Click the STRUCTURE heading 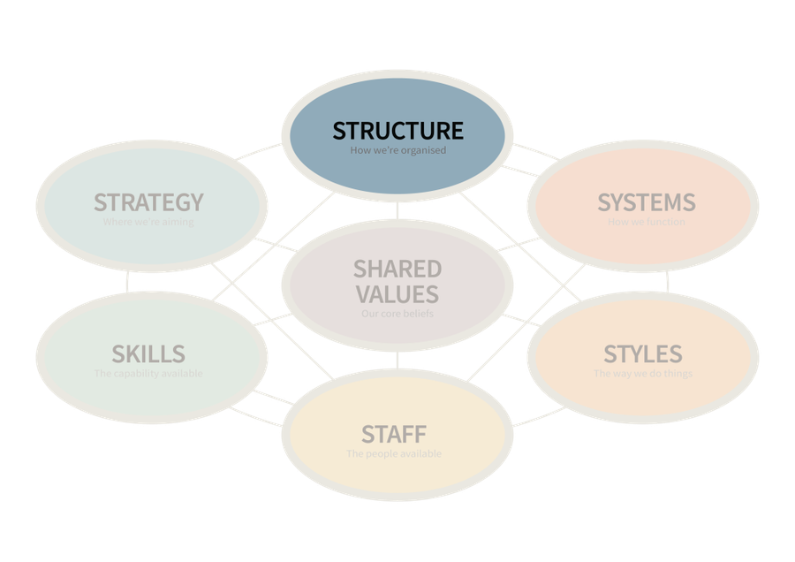397,131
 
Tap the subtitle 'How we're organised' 397,151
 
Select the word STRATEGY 148,202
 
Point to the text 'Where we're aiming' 148,223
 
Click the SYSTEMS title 647,202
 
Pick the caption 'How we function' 646,223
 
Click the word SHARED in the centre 397,269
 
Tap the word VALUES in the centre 397,293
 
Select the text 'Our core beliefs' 397,314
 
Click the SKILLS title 148,354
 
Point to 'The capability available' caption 148,374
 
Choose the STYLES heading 643,354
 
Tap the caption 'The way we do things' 643,374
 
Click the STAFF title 394,435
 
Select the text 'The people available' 394,454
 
